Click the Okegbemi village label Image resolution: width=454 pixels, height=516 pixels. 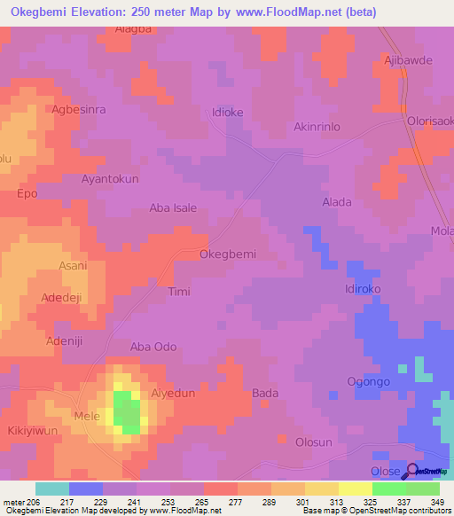(228, 254)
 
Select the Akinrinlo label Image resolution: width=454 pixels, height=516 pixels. (317, 127)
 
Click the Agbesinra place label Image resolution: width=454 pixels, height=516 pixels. (79, 110)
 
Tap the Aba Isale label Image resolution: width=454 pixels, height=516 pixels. (173, 208)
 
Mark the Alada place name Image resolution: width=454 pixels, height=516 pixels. (336, 202)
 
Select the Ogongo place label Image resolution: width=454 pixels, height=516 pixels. (368, 382)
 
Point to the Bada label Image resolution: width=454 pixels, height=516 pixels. (265, 393)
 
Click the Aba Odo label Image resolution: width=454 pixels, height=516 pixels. (153, 347)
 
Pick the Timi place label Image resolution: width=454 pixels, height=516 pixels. (178, 291)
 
